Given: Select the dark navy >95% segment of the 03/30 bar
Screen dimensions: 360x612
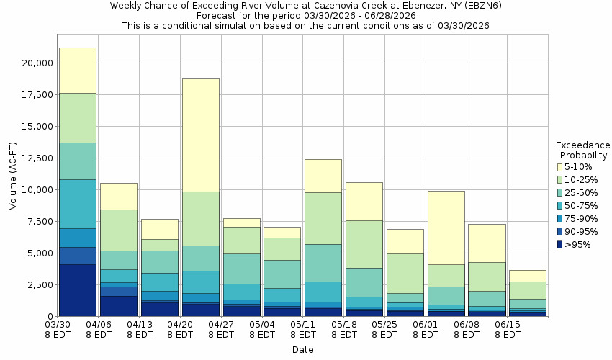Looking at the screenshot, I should tap(78, 290).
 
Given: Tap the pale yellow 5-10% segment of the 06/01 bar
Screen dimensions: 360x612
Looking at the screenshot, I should tap(446, 228).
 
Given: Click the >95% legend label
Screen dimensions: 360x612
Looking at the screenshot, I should tap(579, 245).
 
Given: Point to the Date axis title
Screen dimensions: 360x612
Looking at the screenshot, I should tap(302, 350).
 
